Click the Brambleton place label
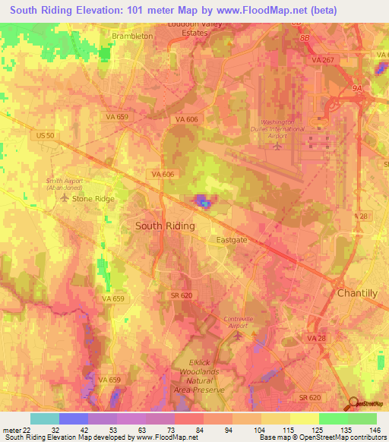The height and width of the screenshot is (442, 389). point(132,36)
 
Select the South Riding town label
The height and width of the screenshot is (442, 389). point(165,226)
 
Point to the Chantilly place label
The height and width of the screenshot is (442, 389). point(357,293)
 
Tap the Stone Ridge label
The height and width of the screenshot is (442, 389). point(93,198)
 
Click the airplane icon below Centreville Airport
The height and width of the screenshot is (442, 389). point(240,335)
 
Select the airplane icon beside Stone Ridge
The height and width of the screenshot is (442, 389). point(64,198)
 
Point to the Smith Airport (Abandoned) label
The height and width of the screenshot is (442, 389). point(64,185)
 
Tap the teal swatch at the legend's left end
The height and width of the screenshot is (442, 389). point(45,418)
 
